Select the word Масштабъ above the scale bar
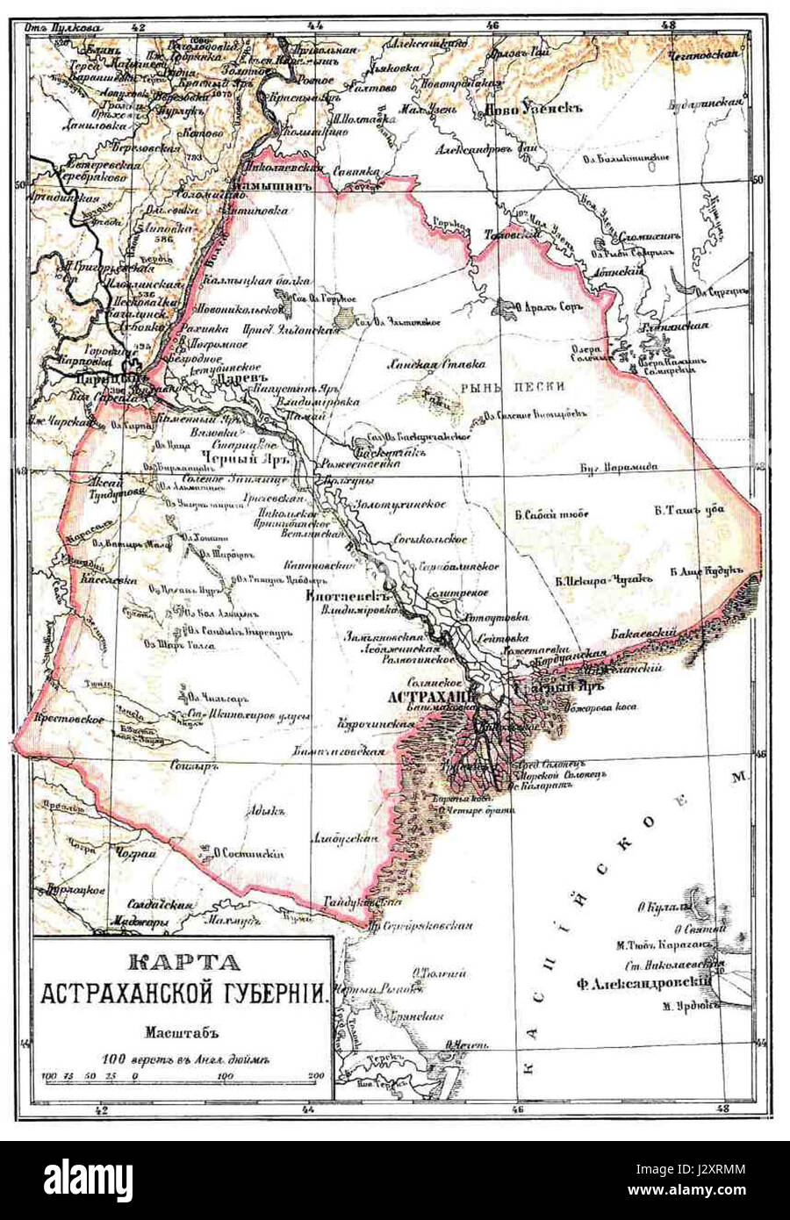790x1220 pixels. point(181,1032)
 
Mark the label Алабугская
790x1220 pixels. point(344,839)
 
